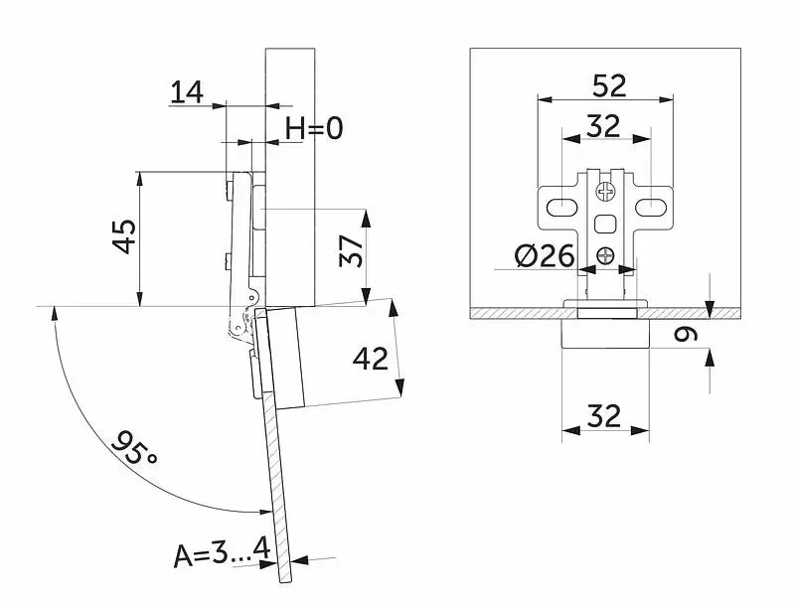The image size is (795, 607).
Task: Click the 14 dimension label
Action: pos(187,92)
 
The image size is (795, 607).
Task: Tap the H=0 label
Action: pos(314,128)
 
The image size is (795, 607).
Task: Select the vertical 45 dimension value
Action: pos(124,236)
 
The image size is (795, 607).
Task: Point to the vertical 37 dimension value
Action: pos(352,250)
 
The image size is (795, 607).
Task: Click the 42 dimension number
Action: pos(370,360)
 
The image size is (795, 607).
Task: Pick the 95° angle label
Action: pos(134,447)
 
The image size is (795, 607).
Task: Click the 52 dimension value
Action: pos(609,85)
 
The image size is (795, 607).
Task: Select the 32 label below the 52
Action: pos(603,126)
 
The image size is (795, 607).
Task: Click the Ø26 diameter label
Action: pos(545,255)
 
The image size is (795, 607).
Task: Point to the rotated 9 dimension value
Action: pos(686,334)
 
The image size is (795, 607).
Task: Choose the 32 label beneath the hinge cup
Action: pos(604,416)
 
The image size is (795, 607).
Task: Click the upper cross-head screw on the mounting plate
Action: pos(606,192)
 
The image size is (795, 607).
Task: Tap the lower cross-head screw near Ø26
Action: pos(605,255)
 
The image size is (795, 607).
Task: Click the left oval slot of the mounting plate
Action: pos(562,207)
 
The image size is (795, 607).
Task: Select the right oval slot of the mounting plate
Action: pos(651,207)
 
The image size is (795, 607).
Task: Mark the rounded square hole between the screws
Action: pos(605,224)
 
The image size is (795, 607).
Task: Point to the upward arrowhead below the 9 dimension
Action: pos(710,359)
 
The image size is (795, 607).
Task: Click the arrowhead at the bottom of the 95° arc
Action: pos(263,512)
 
